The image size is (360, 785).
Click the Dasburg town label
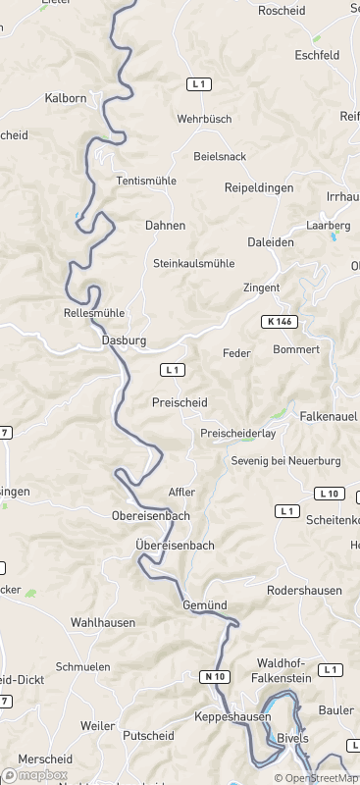click(x=124, y=340)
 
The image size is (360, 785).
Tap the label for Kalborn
click(x=66, y=99)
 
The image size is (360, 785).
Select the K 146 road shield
click(x=280, y=321)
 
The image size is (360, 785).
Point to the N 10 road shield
click(x=217, y=676)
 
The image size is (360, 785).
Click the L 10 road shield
click(x=330, y=493)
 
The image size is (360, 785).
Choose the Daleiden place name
click(x=271, y=241)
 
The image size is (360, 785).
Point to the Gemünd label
click(x=205, y=606)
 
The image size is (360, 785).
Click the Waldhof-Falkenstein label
click(x=283, y=670)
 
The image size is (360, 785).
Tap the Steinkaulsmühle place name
click(x=194, y=264)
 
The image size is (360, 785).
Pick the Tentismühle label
click(x=146, y=181)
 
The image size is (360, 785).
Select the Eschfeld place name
click(x=317, y=56)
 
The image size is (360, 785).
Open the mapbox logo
click(x=35, y=775)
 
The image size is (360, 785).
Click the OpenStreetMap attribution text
click(x=316, y=778)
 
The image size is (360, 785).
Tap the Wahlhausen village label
click(x=103, y=622)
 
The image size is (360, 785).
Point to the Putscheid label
click(x=148, y=735)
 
